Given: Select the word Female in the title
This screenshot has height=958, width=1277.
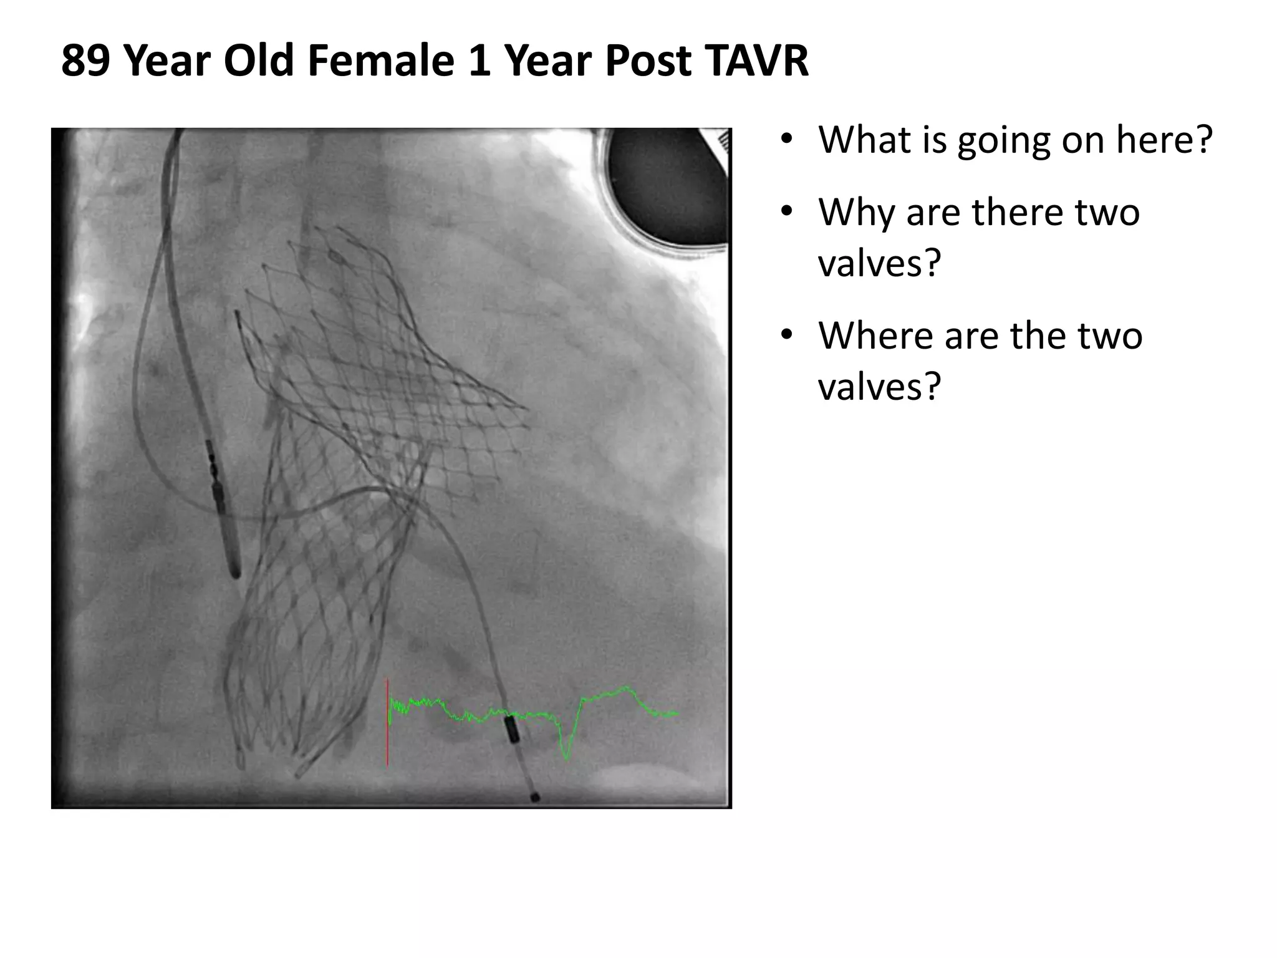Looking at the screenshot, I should (x=380, y=61).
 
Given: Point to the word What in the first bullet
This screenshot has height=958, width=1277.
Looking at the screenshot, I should (x=863, y=140).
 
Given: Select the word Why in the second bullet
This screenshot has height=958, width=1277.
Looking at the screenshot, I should (x=857, y=212).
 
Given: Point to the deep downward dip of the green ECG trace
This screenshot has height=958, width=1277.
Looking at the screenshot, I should (x=566, y=752).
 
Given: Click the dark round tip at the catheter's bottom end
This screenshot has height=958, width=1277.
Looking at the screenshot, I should (x=534, y=796).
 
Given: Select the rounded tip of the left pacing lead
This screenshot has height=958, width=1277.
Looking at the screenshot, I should (x=235, y=571).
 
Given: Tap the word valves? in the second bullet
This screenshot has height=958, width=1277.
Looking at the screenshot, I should (x=879, y=263).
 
